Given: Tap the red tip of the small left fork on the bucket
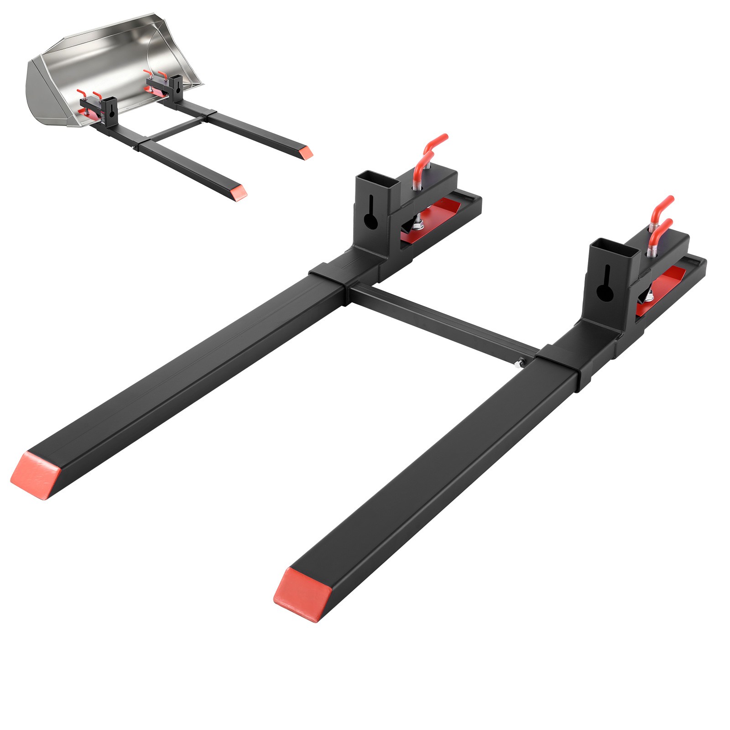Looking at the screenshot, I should coord(238,192).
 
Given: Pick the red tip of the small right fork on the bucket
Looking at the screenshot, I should coord(304,151).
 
